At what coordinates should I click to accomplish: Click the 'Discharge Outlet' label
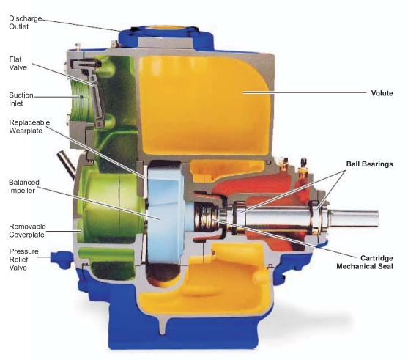tap(25, 23)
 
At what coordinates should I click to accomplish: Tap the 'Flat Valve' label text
tap(18, 63)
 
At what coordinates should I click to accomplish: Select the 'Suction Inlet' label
tap(21, 99)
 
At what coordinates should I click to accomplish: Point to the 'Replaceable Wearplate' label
tap(29, 126)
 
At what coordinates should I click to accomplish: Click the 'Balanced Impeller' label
tap(24, 186)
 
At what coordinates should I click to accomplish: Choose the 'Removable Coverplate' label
tap(27, 230)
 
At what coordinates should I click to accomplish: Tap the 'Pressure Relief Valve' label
tap(23, 260)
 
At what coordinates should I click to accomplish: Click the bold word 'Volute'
tap(382, 93)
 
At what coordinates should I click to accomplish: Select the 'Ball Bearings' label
tap(369, 164)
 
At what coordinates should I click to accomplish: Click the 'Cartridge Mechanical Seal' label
tap(365, 262)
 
